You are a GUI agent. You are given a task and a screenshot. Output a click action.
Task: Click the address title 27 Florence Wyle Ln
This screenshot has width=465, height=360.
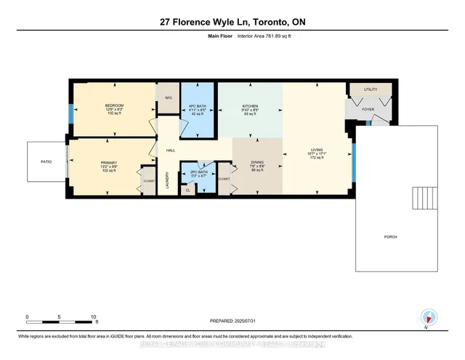(x=232, y=23)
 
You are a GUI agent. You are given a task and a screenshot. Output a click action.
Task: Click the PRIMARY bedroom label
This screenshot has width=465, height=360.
(x=109, y=163)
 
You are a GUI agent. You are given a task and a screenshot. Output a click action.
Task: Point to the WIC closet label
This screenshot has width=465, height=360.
(x=169, y=97)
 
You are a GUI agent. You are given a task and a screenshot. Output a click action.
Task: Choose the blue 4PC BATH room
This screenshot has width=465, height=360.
(x=198, y=109)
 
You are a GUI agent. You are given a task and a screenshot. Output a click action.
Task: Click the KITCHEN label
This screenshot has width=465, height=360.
(x=250, y=106)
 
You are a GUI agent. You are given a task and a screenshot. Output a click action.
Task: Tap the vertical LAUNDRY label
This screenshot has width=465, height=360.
(x=168, y=180)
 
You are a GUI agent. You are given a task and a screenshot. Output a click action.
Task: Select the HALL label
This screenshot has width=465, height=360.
(x=171, y=151)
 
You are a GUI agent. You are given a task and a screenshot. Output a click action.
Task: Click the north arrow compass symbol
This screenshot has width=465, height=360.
(x=429, y=316)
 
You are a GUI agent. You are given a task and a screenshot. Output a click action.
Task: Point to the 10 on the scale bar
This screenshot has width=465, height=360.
(x=93, y=317)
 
